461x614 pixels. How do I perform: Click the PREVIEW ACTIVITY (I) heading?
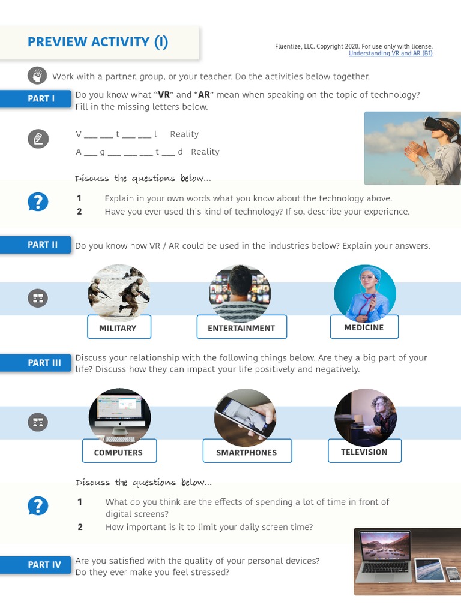coord(98,42)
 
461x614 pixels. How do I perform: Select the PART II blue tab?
coord(42,245)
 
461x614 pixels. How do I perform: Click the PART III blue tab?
coord(44,363)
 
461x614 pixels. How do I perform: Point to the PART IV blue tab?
coord(44,565)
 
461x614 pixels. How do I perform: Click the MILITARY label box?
coord(118,327)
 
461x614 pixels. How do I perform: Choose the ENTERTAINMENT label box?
coord(241,327)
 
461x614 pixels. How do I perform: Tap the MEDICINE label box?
coord(363,327)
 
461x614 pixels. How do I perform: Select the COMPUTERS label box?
coord(118,452)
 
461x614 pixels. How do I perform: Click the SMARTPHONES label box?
coord(246,452)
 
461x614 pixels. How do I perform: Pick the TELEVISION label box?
coord(364,451)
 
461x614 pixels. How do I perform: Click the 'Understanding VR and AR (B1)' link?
coord(390,53)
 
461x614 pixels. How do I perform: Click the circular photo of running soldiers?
coord(119,293)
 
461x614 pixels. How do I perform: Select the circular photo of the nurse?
coord(364,294)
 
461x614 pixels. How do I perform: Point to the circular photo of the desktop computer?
coord(119,417)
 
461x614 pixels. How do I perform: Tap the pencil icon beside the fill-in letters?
coord(38,139)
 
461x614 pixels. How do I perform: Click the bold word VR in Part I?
coord(164,95)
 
